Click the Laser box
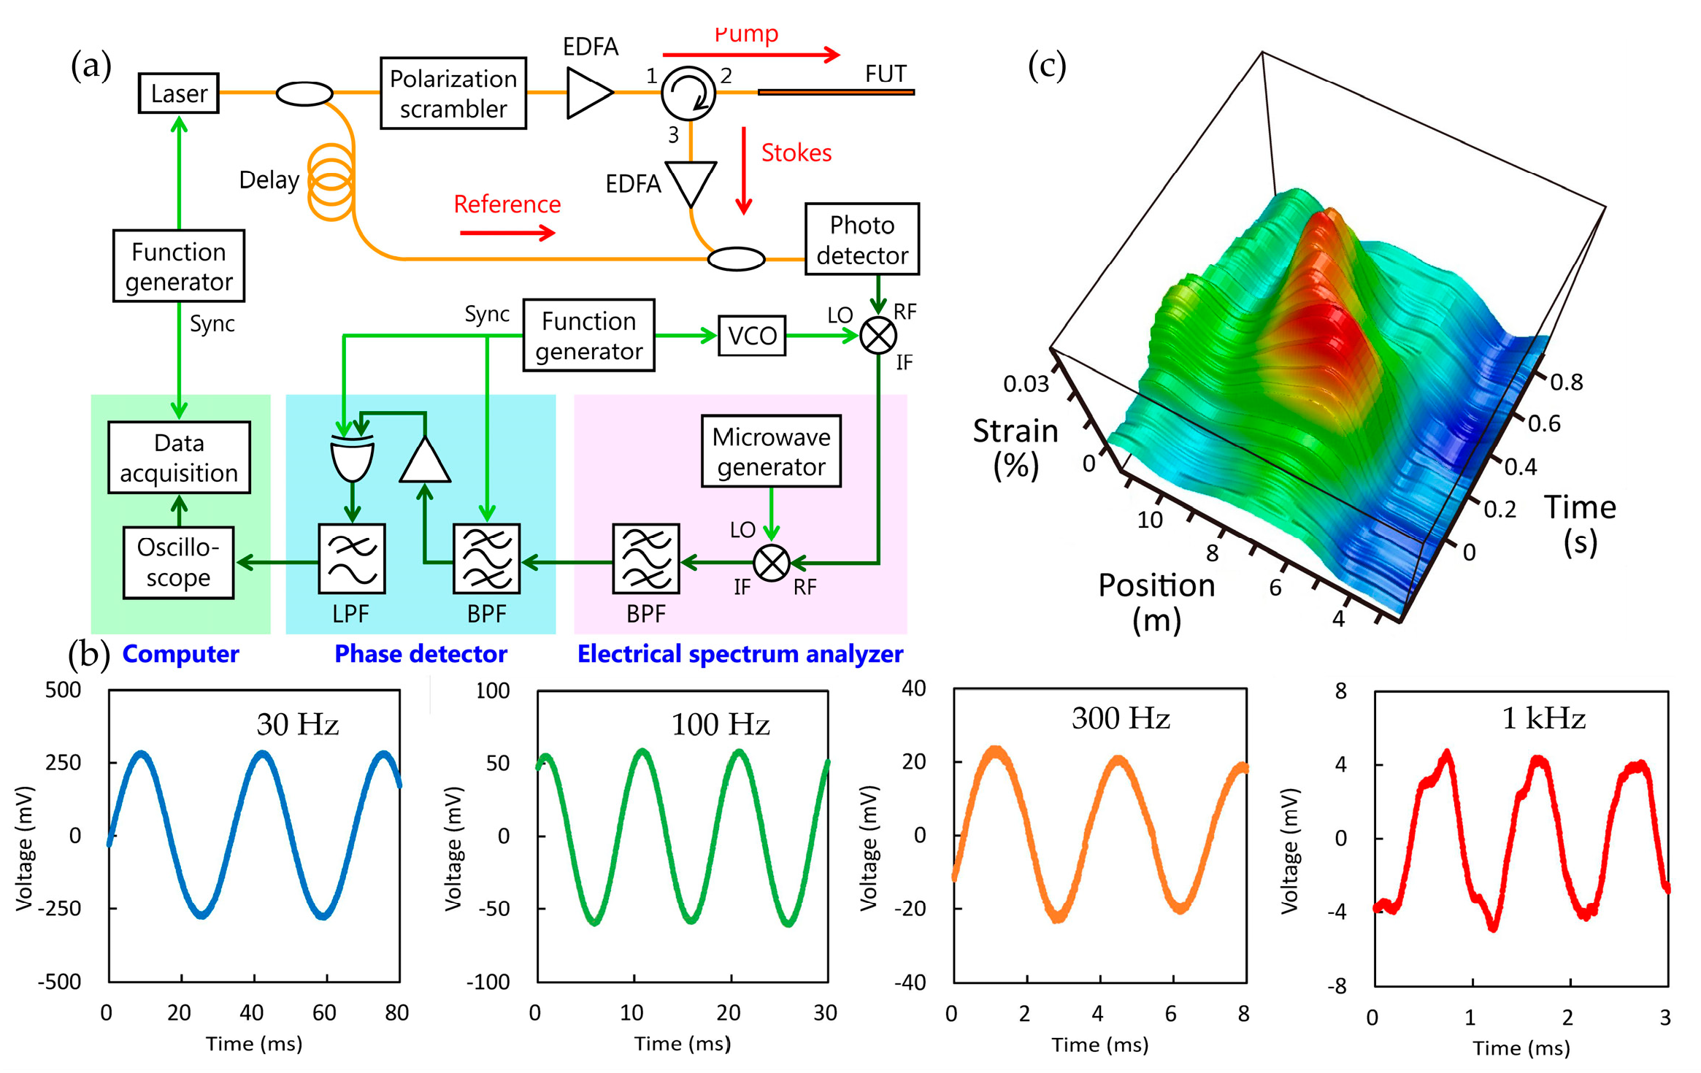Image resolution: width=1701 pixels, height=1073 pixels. pyautogui.click(x=178, y=93)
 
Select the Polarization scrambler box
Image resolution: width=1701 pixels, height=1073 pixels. pyautogui.click(x=453, y=93)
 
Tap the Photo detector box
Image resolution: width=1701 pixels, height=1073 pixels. pyautogui.click(x=861, y=239)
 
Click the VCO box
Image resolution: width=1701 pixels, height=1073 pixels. pyautogui.click(x=751, y=336)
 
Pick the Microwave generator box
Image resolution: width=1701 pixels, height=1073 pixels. pyautogui.click(x=771, y=451)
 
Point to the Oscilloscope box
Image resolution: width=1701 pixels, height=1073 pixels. pyautogui.click(x=178, y=562)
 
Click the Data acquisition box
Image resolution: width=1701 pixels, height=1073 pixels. pyautogui.click(x=179, y=458)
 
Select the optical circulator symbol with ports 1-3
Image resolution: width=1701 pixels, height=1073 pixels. pyautogui.click(x=688, y=93)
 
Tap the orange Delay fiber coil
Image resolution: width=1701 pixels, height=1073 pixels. pyautogui.click(x=331, y=181)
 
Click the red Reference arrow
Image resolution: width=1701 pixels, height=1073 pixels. pyautogui.click(x=507, y=233)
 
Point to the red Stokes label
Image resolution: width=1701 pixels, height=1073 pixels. pyautogui.click(x=796, y=153)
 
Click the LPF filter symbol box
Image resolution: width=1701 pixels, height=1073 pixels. pyautogui.click(x=352, y=558)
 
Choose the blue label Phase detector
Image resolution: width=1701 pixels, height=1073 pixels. pyautogui.click(x=421, y=653)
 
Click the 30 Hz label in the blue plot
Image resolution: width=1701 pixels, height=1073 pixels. pyautogui.click(x=297, y=724)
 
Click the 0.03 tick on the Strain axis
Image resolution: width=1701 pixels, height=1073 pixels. pyautogui.click(x=1025, y=383)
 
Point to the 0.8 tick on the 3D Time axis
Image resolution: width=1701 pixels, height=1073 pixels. pyautogui.click(x=1566, y=382)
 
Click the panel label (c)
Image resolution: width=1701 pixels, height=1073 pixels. pyautogui.click(x=1046, y=66)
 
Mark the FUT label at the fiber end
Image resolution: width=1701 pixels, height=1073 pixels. pyautogui.click(x=885, y=74)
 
